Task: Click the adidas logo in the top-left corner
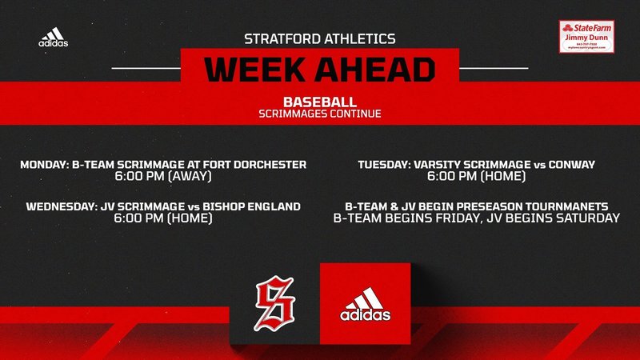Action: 53,38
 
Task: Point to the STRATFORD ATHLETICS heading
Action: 319,38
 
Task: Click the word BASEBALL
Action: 319,102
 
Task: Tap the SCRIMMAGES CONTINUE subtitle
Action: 319,114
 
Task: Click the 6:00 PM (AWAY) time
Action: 163,177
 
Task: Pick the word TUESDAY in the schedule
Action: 383,165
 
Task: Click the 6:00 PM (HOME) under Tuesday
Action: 476,177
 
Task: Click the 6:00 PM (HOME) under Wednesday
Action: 163,218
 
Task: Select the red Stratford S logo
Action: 275,303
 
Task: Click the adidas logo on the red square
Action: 365,305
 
